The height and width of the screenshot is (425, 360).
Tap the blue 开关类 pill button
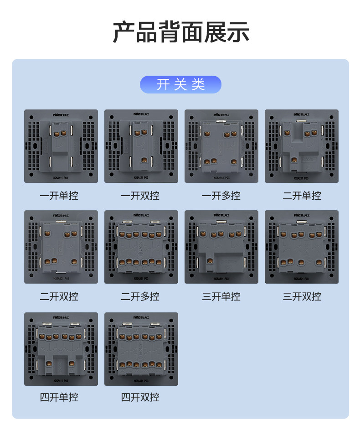click(180, 84)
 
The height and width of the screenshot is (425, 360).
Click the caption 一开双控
click(141, 196)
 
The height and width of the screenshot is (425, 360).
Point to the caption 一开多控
click(221, 196)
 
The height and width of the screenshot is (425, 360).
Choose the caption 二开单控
click(302, 196)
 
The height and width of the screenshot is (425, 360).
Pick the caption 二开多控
click(141, 296)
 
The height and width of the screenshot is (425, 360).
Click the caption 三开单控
click(221, 296)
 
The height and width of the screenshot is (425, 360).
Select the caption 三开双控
click(302, 296)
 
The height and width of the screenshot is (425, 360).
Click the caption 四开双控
click(141, 397)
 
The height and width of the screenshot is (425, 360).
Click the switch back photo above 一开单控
click(61, 146)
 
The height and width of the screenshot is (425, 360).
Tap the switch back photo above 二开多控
click(141, 247)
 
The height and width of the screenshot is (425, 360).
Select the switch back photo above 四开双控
click(141, 349)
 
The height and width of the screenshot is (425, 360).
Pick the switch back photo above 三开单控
click(221, 247)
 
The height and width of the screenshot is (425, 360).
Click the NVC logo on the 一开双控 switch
click(141, 114)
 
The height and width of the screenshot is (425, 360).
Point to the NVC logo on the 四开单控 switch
click(61, 316)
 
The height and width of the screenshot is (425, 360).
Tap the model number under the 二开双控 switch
click(61, 278)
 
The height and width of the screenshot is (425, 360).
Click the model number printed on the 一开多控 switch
click(221, 177)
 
